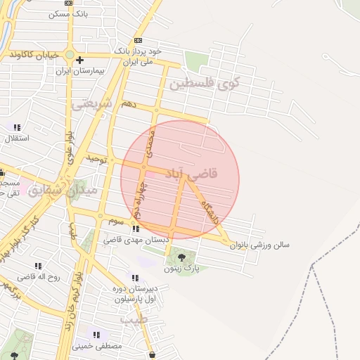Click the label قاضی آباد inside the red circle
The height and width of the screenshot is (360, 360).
[x=192, y=172]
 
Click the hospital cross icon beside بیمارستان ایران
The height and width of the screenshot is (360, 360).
[x=80, y=60]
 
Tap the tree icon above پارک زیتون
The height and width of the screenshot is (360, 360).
[x=183, y=257]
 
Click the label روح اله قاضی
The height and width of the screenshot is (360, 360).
[x=39, y=276]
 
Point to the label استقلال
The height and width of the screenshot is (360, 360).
[x=17, y=138]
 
